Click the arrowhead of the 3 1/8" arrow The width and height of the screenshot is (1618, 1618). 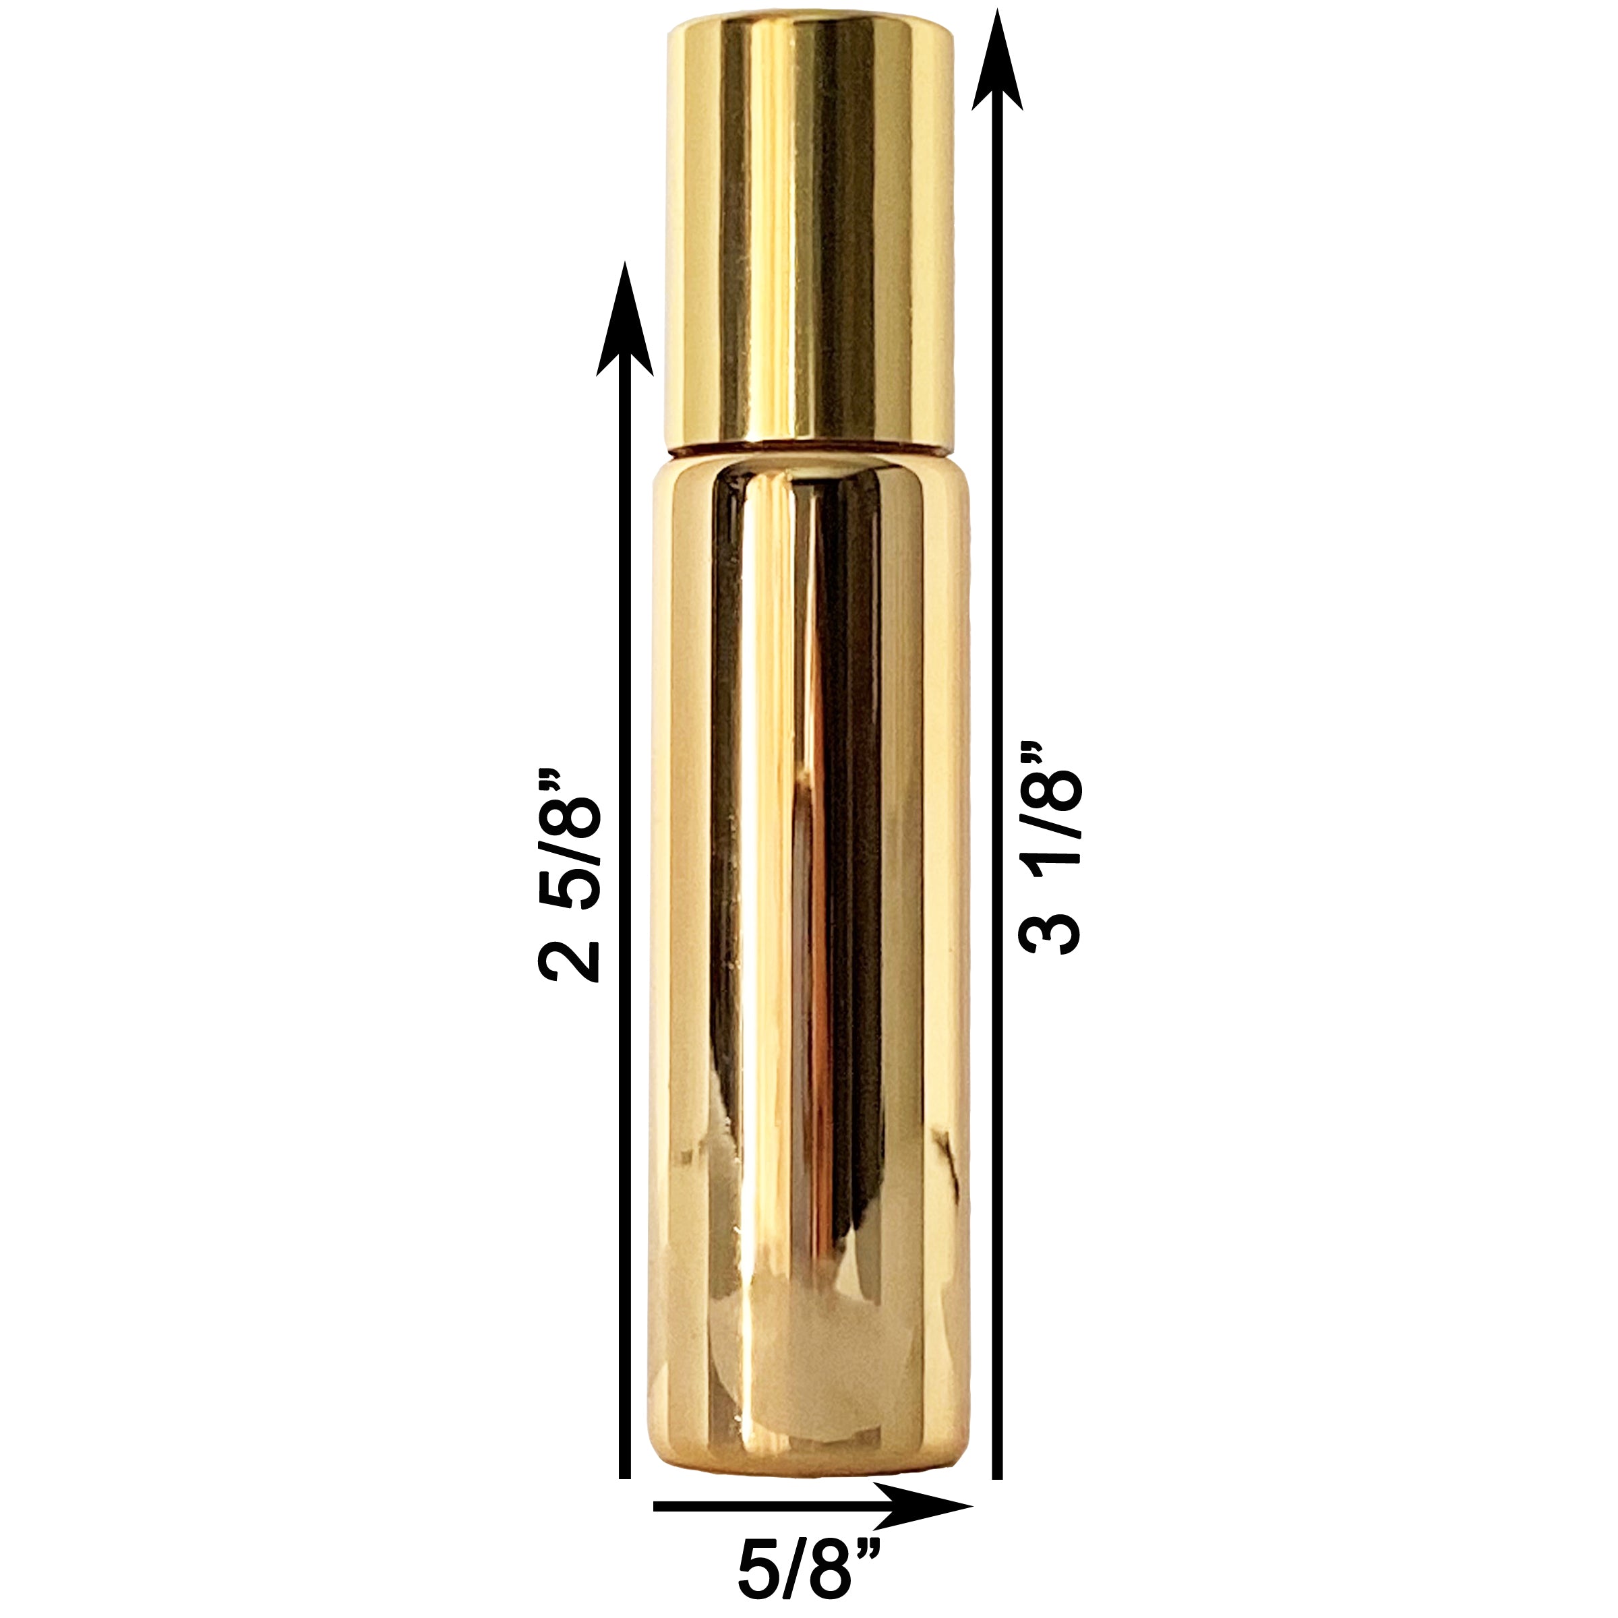coord(996,59)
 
